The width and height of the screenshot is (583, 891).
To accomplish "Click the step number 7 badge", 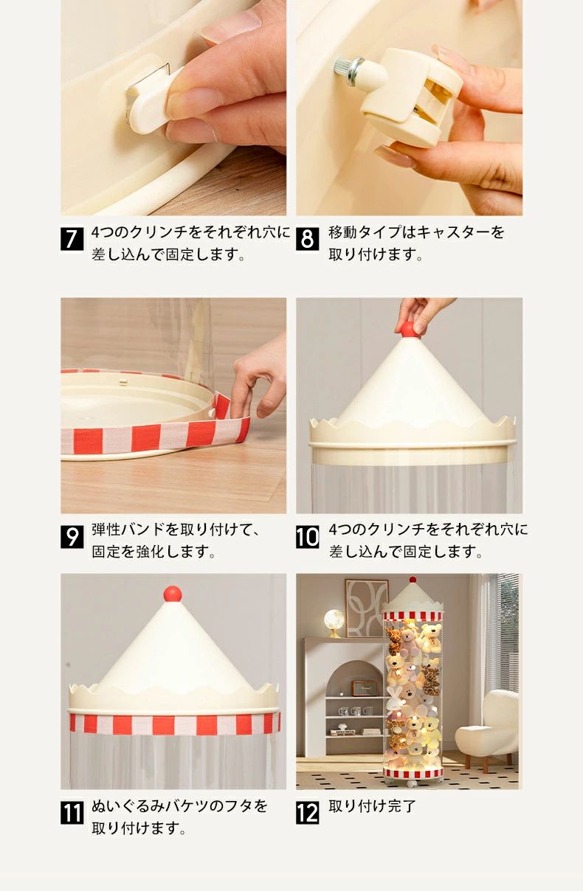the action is click(72, 239).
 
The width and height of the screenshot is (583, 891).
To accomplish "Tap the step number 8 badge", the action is click(307, 239).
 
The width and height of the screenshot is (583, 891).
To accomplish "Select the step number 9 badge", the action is click(72, 537).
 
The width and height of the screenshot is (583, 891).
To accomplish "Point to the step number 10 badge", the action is click(307, 537).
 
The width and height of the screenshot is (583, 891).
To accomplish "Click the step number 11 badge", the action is click(72, 812).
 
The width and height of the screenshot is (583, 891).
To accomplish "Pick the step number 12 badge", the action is click(307, 812).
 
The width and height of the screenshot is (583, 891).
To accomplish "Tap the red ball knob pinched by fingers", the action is click(409, 330).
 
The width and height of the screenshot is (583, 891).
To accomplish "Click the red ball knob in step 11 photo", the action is click(173, 594).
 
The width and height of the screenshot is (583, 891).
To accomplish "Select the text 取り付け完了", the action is click(373, 806).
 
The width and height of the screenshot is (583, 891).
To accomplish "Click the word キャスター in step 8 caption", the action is click(455, 232).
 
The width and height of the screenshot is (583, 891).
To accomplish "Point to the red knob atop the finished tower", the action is click(413, 579).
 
